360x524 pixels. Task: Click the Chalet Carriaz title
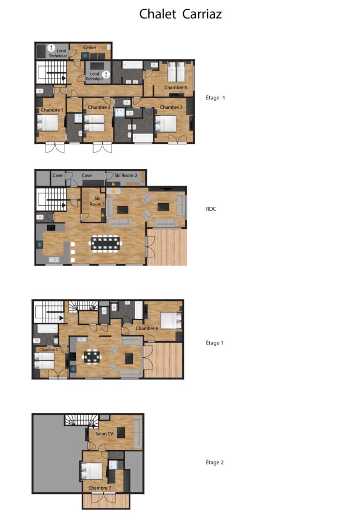click(x=181, y=14)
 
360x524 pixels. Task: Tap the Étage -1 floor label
click(x=215, y=98)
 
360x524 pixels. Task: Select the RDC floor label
click(x=211, y=209)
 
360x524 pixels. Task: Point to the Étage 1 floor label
click(x=214, y=342)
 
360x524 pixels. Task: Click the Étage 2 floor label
click(x=215, y=462)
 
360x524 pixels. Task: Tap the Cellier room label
click(x=89, y=48)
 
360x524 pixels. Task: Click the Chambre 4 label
click(x=175, y=87)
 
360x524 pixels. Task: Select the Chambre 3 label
click(x=171, y=107)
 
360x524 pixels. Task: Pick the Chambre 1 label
click(x=52, y=110)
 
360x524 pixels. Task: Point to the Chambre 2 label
click(x=99, y=107)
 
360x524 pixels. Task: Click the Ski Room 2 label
click(x=126, y=175)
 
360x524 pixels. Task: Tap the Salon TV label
click(x=104, y=433)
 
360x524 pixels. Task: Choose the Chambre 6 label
click(x=147, y=328)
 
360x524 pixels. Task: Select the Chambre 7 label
click(x=100, y=488)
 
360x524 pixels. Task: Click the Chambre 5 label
click(x=49, y=350)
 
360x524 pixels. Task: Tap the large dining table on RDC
click(x=105, y=243)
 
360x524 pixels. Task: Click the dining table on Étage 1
click(x=92, y=356)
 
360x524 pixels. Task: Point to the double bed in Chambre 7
click(x=91, y=471)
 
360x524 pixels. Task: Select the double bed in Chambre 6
click(x=171, y=320)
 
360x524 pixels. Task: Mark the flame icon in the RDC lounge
click(x=113, y=191)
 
